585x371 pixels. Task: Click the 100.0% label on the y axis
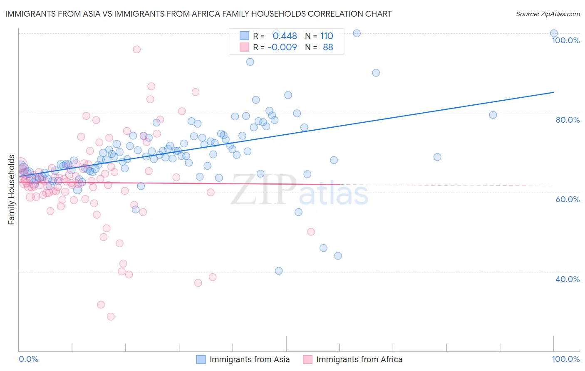click(565, 40)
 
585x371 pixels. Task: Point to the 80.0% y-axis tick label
click(568, 120)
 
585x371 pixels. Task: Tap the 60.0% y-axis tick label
click(568, 199)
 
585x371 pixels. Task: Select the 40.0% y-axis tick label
click(568, 279)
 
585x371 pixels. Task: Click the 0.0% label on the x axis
click(28, 359)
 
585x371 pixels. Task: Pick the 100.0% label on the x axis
click(565, 359)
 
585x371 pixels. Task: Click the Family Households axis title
click(12, 190)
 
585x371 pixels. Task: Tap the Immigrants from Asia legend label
click(250, 359)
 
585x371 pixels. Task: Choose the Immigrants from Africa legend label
click(359, 359)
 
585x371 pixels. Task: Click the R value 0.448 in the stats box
click(285, 36)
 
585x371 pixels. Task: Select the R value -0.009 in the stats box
click(282, 47)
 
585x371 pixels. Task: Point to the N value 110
click(327, 36)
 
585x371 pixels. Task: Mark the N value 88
click(328, 47)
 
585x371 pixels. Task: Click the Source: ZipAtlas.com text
click(548, 14)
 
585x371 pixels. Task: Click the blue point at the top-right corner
click(554, 33)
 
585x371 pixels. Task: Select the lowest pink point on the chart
click(111, 317)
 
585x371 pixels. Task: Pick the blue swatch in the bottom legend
click(201, 359)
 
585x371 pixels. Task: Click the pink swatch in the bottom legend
click(307, 359)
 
